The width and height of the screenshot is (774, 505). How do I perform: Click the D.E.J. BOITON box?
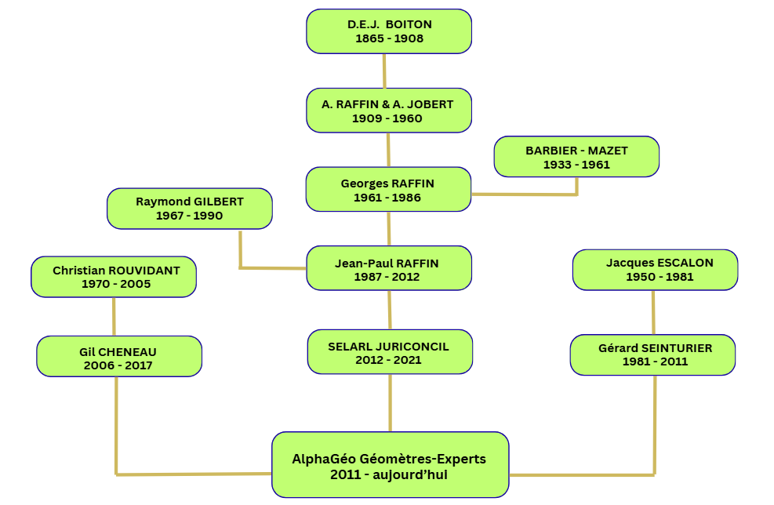389,31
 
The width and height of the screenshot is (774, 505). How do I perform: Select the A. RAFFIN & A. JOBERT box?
389,111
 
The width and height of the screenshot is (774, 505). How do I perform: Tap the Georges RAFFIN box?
388,190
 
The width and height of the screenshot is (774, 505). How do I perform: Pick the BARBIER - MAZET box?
576,157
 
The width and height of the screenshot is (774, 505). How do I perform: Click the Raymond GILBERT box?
190,209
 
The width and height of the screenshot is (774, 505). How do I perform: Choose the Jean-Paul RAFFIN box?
389,269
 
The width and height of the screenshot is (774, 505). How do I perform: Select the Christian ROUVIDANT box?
114,277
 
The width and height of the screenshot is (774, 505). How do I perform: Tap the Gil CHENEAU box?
119,357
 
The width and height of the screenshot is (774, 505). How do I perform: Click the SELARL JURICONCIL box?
390,352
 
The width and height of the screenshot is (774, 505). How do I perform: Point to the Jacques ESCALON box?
656,270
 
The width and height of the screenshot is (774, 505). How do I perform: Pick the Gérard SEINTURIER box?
653,354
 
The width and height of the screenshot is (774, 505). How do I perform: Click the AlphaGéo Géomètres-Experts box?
390,465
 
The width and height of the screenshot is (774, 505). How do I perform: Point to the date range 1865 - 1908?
390,38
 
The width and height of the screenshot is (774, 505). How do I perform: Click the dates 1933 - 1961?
576,165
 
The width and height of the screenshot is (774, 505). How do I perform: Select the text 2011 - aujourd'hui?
390,474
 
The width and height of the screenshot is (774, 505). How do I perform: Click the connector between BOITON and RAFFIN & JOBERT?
384,71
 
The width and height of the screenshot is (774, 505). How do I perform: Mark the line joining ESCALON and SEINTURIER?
653,312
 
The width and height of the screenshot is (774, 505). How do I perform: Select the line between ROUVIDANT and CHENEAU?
114,317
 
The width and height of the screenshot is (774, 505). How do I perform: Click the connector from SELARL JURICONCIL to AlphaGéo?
390,402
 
